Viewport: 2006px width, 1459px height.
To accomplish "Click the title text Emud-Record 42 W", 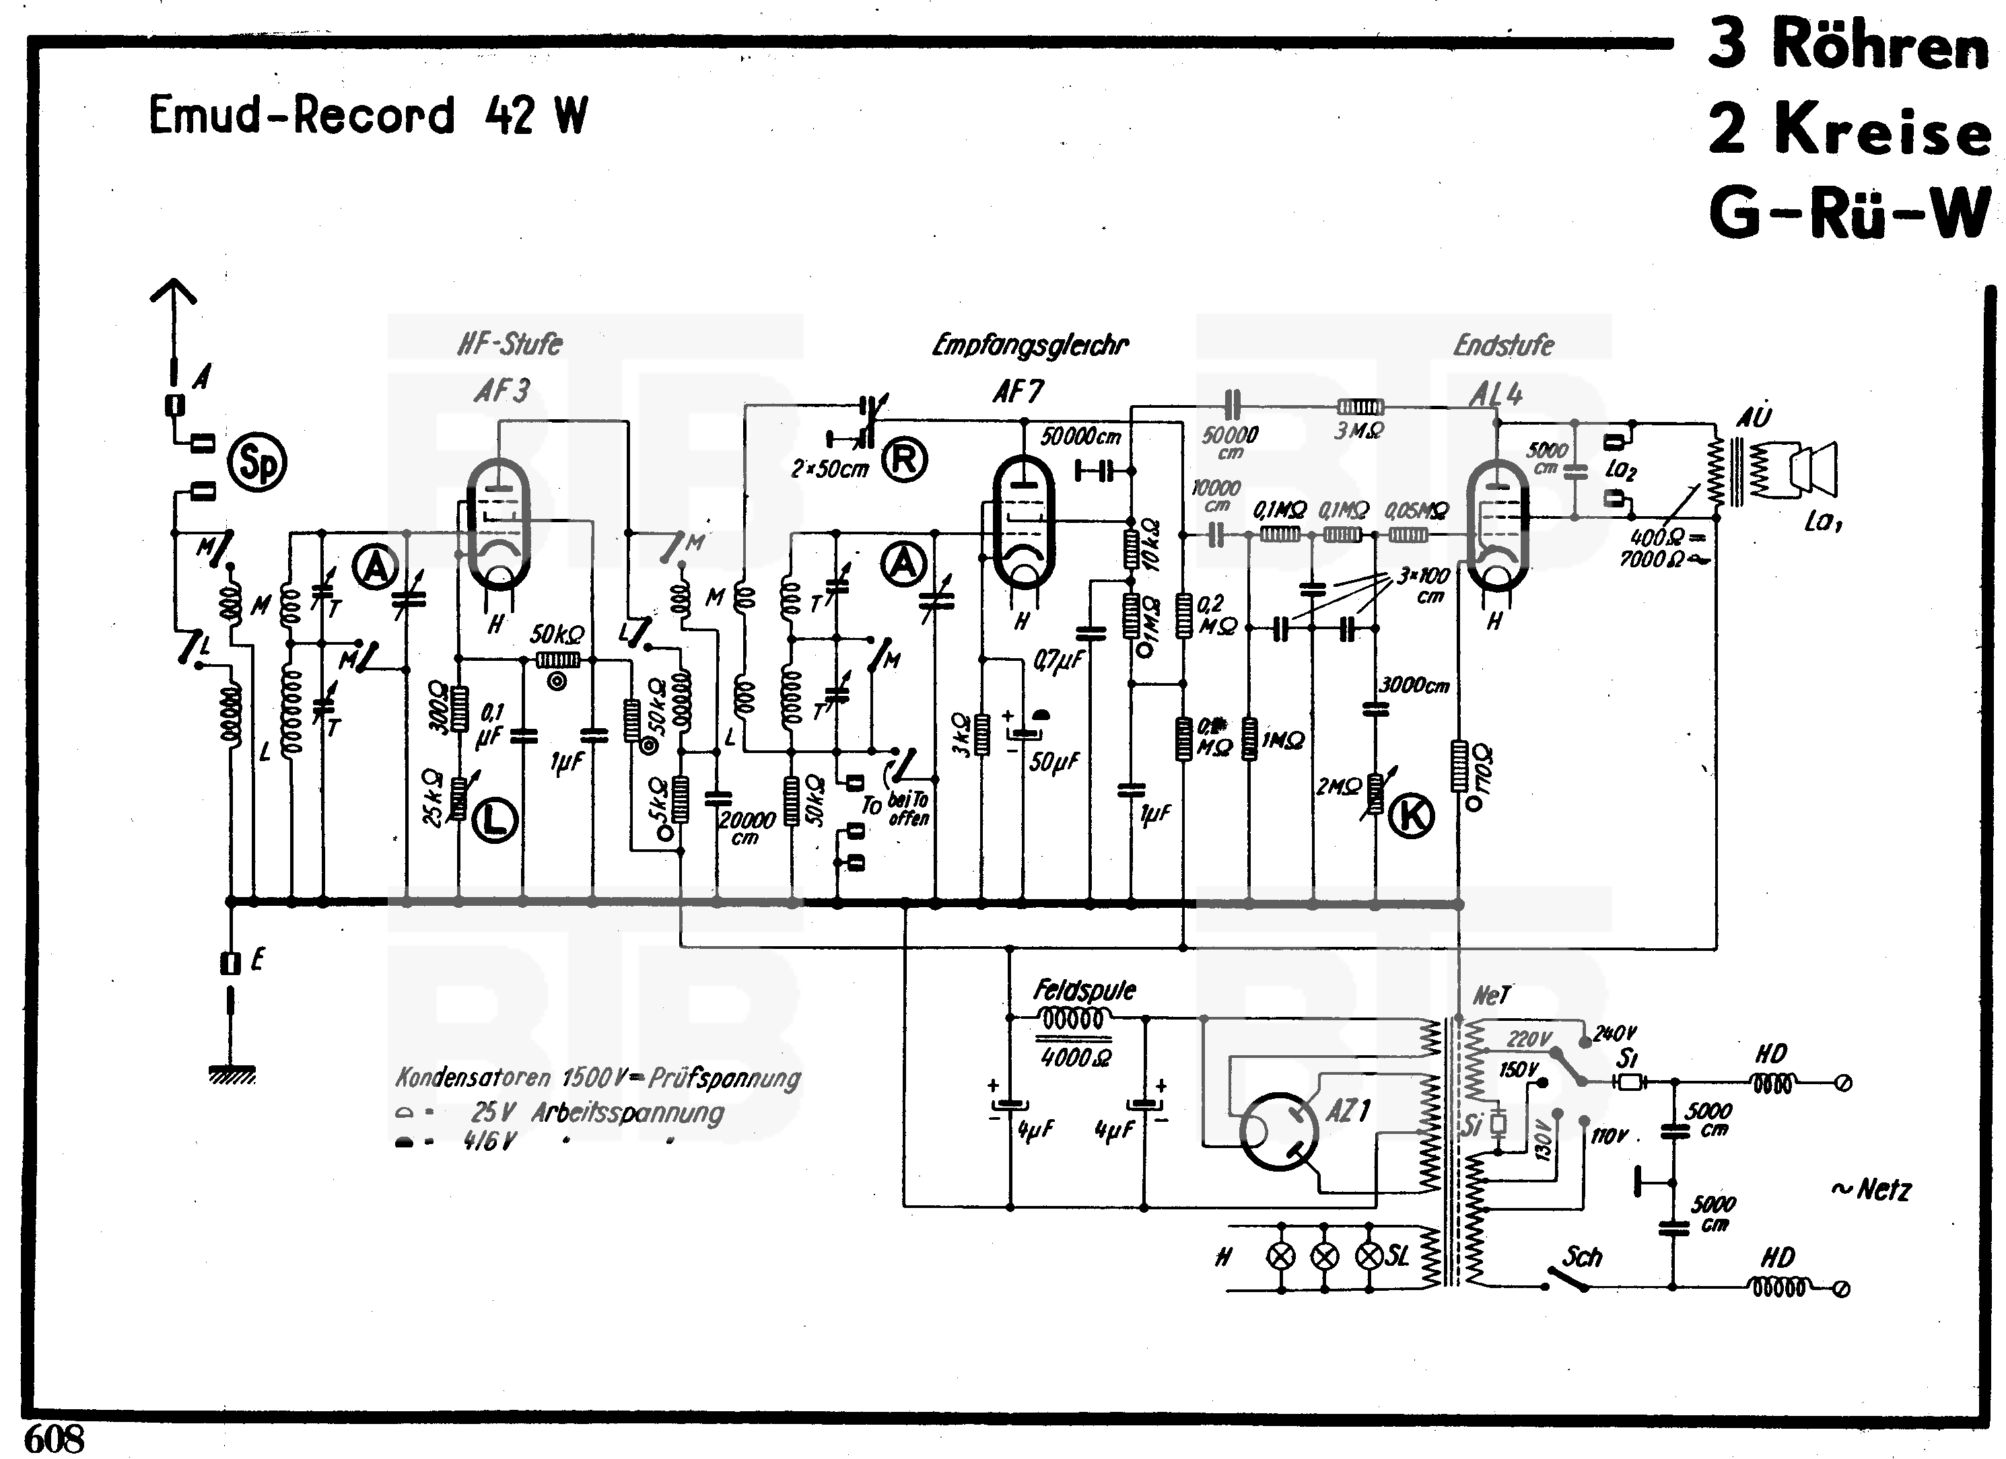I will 367,116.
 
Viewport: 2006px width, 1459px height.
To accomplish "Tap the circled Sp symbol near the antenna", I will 256,462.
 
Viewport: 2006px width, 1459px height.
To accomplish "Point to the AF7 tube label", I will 1017,391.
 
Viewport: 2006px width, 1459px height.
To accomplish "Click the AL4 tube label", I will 1496,394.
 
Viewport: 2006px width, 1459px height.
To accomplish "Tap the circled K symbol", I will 1412,815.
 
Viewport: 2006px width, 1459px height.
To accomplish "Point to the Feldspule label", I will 1084,991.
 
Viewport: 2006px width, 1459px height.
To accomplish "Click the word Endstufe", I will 1504,345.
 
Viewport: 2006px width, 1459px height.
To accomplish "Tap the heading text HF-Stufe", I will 510,343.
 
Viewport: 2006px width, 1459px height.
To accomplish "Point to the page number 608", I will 54,1439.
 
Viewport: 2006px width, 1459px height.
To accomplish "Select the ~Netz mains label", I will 1871,1190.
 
